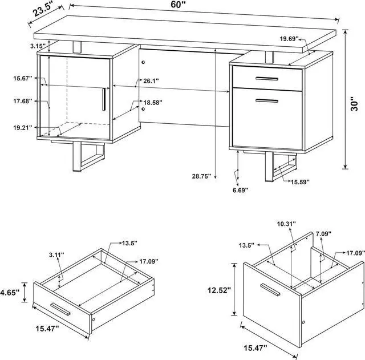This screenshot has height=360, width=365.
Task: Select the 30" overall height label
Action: tap(355, 103)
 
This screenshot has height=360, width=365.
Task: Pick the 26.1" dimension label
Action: tap(151, 81)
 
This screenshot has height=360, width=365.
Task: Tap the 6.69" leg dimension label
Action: tap(240, 191)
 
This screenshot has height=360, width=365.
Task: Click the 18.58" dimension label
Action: tap(152, 103)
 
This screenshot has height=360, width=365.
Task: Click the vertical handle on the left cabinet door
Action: tap(104, 100)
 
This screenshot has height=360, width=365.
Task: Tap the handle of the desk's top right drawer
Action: tap(266, 78)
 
